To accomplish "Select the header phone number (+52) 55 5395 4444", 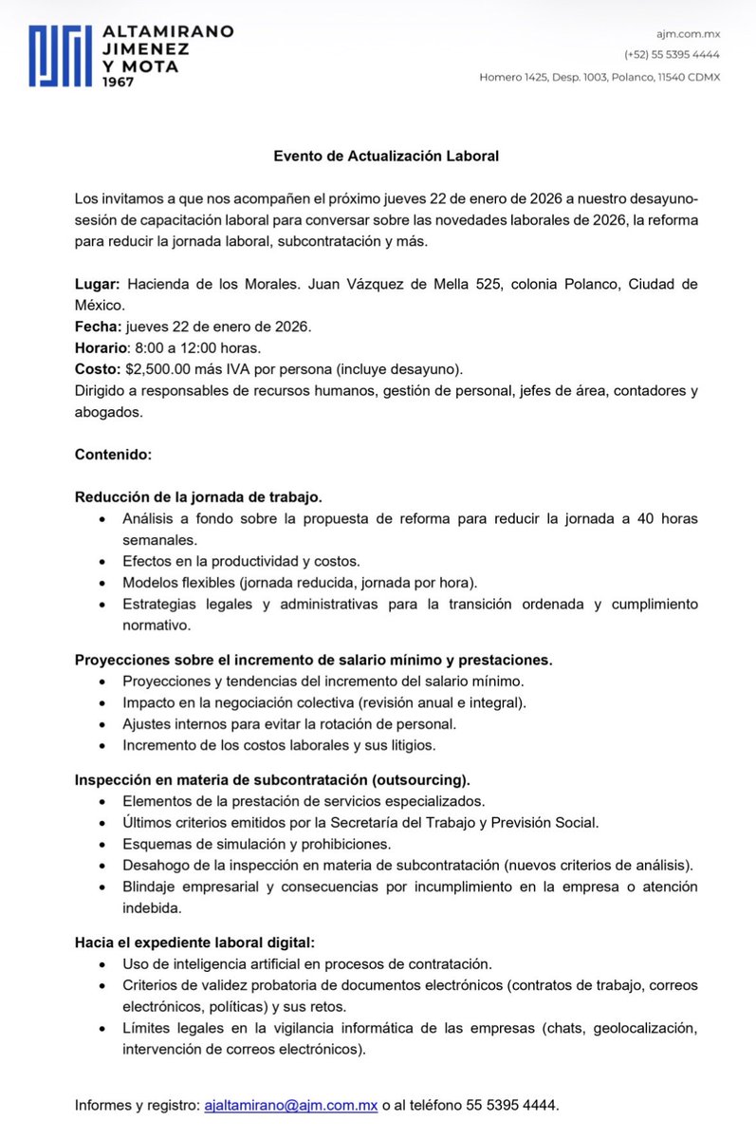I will (672, 55).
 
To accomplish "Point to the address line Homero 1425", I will (599, 77).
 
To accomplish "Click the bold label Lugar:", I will (98, 285).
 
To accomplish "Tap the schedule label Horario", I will (101, 347).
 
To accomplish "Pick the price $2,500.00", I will (160, 368).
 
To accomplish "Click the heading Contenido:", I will (113, 455).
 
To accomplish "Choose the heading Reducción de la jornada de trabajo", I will (198, 496).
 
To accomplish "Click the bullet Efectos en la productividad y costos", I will (241, 560).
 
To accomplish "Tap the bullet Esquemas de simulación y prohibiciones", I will (256, 843).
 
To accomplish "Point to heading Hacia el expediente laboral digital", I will (194, 943).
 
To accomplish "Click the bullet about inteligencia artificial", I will (306, 963).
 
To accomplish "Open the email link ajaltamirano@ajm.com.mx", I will (291, 1106).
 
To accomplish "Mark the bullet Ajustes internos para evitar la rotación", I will (289, 723).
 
